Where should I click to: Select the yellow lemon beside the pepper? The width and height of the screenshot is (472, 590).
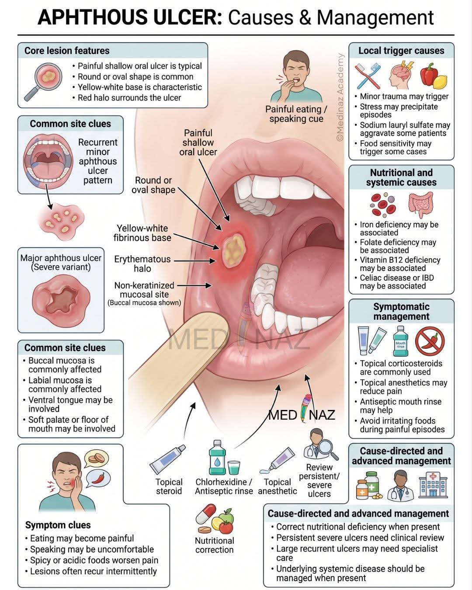[x=441, y=82]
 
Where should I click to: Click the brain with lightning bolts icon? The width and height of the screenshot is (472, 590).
[x=401, y=75]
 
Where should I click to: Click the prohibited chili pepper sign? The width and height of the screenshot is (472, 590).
[x=430, y=341]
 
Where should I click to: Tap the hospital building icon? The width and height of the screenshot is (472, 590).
[x=433, y=485]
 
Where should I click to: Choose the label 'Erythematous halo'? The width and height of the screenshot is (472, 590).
[x=142, y=264]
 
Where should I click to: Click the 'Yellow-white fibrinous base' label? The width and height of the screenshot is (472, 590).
[x=142, y=233]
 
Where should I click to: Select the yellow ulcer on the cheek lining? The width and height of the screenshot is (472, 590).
[x=234, y=250]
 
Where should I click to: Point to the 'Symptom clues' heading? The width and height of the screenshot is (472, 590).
[x=58, y=525]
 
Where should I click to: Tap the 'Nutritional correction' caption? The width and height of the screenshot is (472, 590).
[x=215, y=545]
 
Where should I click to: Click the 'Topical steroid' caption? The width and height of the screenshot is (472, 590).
[x=169, y=486]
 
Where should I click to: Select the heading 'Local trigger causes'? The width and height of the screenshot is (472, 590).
[x=401, y=51]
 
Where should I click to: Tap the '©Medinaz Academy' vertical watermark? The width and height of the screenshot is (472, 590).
[x=340, y=97]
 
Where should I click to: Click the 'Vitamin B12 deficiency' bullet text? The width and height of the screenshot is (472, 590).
[x=400, y=260]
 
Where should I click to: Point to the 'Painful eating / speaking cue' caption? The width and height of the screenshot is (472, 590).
[x=296, y=114]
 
